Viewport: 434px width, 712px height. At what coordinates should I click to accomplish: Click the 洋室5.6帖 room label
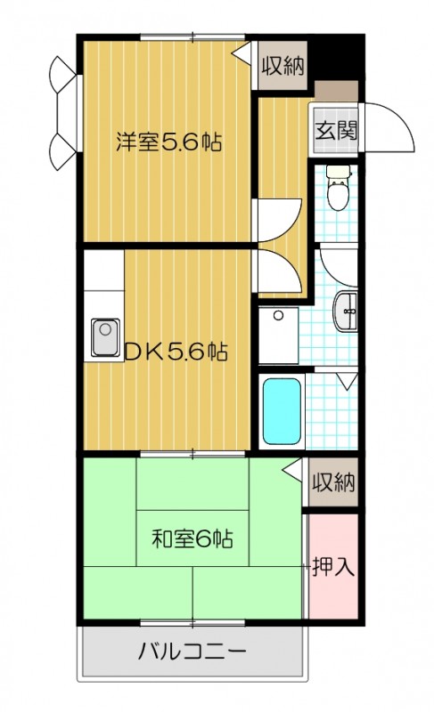point(168,142)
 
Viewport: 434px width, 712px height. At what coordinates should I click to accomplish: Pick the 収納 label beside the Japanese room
point(333,483)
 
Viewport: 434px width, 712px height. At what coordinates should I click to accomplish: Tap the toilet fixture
point(337,190)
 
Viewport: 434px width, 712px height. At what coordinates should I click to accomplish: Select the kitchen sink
point(104,337)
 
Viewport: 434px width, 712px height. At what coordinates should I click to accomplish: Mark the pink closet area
point(333,570)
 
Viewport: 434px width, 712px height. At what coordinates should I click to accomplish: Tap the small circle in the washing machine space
point(279,315)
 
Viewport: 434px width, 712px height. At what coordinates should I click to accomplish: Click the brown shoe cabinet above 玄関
point(334,92)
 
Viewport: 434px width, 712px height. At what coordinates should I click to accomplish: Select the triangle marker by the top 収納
point(242,53)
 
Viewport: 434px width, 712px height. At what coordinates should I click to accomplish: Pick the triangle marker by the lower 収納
point(292,469)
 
